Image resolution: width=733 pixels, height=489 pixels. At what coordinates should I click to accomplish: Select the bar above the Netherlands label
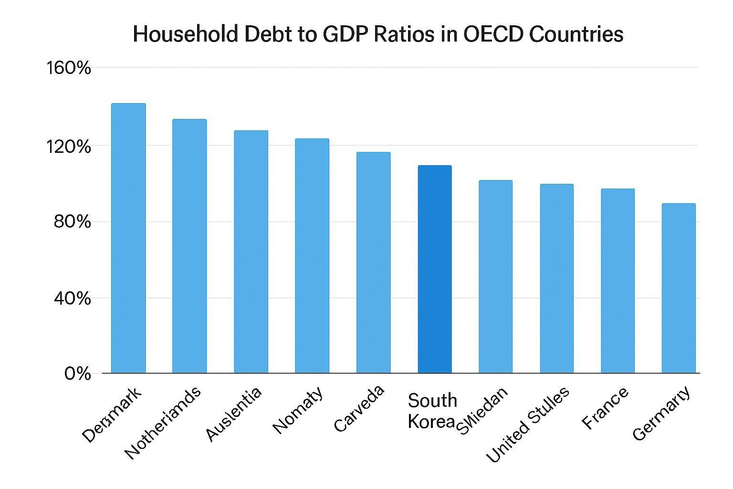pyautogui.click(x=189, y=246)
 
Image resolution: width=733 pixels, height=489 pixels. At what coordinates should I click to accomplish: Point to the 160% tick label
pyautogui.click(x=68, y=68)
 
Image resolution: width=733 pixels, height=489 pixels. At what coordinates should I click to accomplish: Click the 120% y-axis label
pyautogui.click(x=68, y=146)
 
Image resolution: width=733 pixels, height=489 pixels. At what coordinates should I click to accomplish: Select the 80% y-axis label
pyautogui.click(x=72, y=222)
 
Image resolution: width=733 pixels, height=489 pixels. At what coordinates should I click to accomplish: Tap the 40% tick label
pyautogui.click(x=72, y=299)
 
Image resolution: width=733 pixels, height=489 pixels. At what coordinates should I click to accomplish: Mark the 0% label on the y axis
pyautogui.click(x=77, y=373)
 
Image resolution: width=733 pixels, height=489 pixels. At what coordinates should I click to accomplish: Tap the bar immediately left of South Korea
pyautogui.click(x=373, y=262)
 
